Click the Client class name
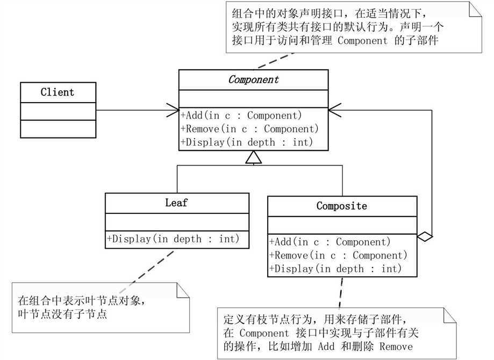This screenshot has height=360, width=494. (58, 92)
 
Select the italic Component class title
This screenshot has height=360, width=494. (254, 80)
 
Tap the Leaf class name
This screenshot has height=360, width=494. (177, 203)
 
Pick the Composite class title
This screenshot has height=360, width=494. (342, 206)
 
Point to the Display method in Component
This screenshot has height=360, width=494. (247, 142)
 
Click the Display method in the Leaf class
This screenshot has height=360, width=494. (174, 239)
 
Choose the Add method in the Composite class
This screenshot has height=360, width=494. (330, 242)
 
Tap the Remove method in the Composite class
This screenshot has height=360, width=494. (338, 256)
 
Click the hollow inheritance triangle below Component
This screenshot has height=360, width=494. (253, 157)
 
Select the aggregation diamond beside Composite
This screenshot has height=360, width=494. (425, 236)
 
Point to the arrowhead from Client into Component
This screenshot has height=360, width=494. (173, 111)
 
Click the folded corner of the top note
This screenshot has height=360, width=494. (474, 11)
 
